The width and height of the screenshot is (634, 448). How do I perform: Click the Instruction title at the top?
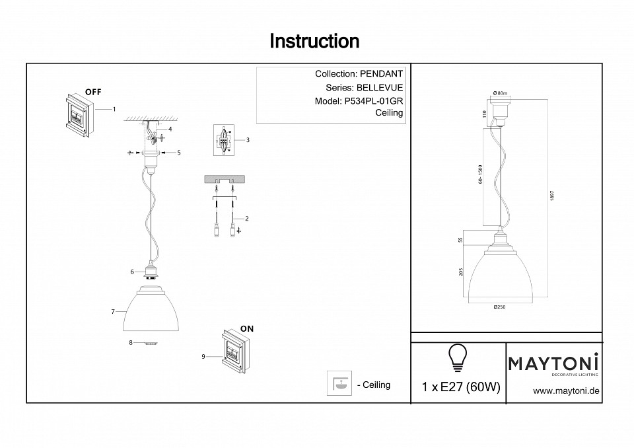pos(314,42)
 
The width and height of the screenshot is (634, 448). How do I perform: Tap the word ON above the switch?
pos(247,328)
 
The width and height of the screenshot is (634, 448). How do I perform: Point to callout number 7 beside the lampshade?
pos(113,311)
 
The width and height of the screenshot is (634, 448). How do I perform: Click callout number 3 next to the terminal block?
pos(247,140)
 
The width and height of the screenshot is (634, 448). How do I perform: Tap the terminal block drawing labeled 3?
pos(224,140)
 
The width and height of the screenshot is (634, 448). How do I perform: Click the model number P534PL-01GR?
pos(372,101)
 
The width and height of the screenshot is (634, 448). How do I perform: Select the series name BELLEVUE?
pos(380,88)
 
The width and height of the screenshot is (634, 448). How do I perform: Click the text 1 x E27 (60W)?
pos(460,387)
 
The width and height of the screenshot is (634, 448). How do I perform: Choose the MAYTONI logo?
pos(553,364)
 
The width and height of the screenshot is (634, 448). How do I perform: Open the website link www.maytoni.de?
pos(566,391)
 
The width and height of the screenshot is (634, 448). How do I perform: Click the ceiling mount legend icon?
pos(339,385)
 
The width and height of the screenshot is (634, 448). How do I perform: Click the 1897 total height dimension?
pos(551,198)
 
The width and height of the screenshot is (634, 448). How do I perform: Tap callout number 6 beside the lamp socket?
pos(132,271)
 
